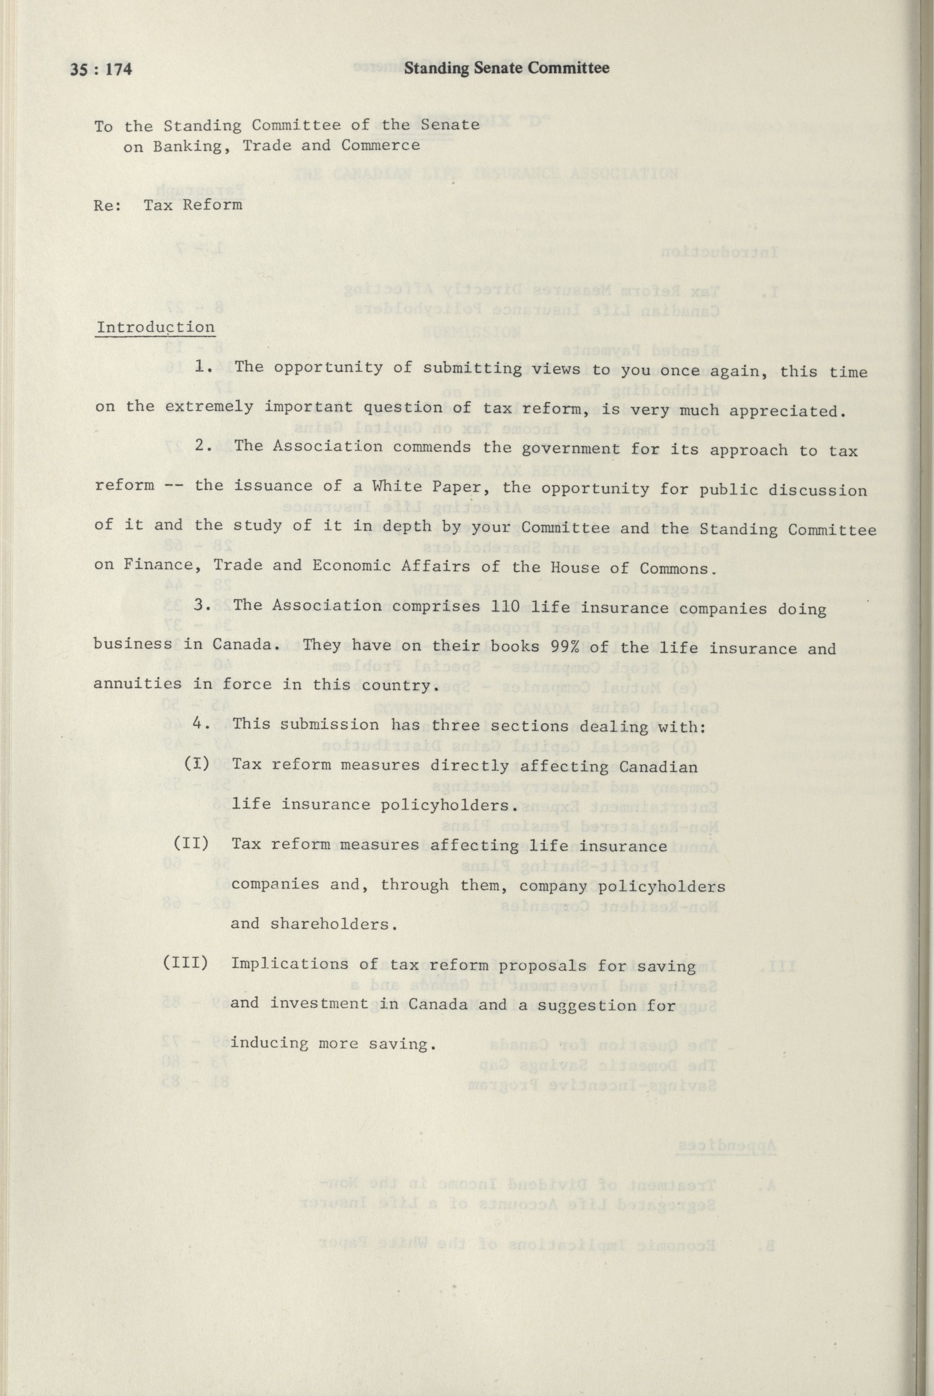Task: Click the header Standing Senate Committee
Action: click(506, 69)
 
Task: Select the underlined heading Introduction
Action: click(155, 327)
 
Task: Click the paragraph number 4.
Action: click(200, 724)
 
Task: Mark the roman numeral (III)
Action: click(186, 963)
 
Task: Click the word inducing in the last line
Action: click(269, 1044)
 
